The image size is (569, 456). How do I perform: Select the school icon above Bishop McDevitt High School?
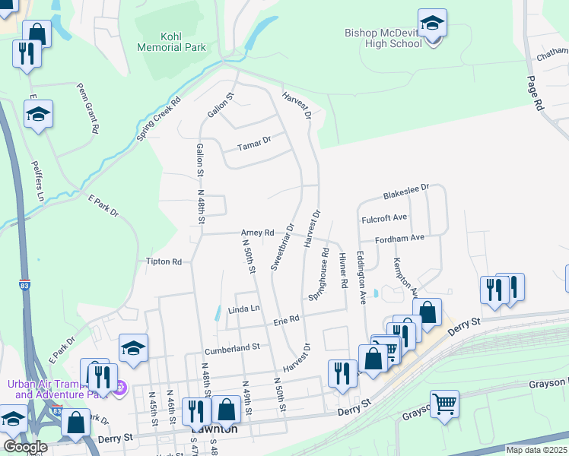[x=432, y=23]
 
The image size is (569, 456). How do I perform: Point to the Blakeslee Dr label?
[x=406, y=187]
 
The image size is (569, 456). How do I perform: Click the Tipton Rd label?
[x=164, y=261]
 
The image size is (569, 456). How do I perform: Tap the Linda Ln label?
[x=243, y=309]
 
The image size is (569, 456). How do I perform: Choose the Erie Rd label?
[x=286, y=321]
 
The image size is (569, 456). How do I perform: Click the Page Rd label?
[x=534, y=90]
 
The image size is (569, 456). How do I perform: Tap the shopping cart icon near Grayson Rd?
[x=444, y=403]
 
